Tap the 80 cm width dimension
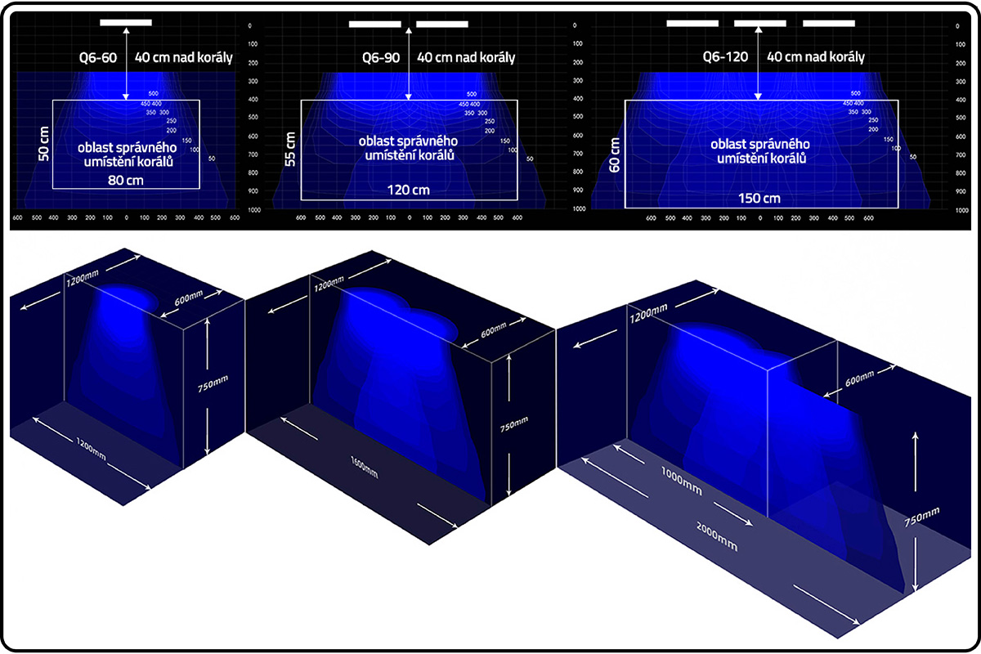(126, 181)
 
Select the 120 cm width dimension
(408, 190)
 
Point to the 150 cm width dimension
(760, 198)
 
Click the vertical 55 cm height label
(291, 149)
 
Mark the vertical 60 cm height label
(615, 155)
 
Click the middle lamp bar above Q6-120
(759, 23)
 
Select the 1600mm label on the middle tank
(362, 472)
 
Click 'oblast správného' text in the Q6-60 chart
(128, 148)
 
